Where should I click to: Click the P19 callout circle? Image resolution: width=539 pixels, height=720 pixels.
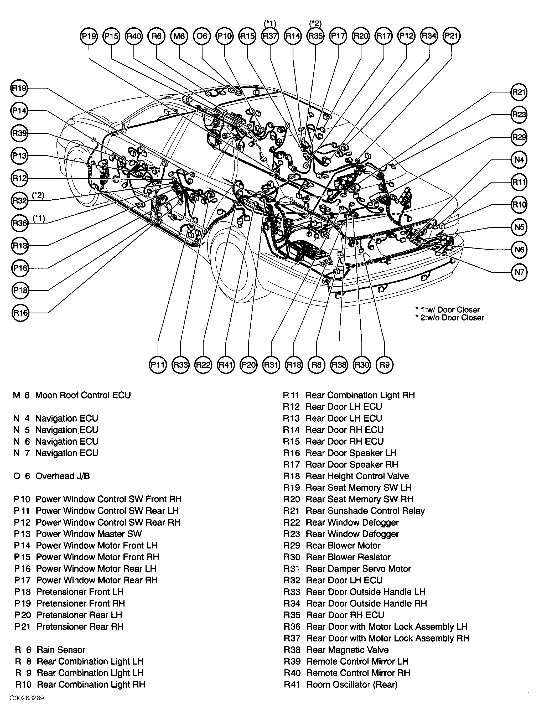coord(89,36)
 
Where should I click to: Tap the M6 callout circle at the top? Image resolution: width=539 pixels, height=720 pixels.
coord(179,36)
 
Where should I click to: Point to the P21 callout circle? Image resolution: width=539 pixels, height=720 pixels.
coord(452,36)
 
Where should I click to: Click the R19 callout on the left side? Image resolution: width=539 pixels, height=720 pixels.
coord(19,88)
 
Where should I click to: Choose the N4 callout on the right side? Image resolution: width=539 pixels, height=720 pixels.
coord(519,160)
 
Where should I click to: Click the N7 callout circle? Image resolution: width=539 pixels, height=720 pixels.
coord(519,272)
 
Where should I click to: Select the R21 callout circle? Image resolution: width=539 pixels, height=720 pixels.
coord(519,92)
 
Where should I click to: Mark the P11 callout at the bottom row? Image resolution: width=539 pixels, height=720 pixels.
coord(158,365)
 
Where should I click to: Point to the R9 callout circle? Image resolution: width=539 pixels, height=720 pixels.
coord(384,365)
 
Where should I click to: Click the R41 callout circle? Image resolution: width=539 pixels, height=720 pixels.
coord(226,365)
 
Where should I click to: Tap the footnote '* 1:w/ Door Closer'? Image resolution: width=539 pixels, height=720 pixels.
coord(447,309)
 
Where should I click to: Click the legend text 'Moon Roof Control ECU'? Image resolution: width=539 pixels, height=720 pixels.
coord(83,395)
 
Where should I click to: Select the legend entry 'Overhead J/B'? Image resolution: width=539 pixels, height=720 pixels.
coord(62,476)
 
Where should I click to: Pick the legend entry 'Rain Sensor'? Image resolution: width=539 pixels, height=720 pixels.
coord(61,650)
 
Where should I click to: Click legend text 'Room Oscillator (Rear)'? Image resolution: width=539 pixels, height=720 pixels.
coord(352,685)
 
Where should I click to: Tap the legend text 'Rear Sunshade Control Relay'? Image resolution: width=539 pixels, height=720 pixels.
coord(365,511)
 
